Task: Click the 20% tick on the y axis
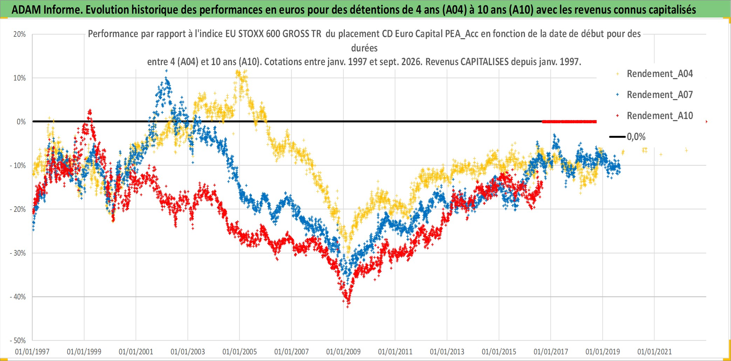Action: pyautogui.click(x=20, y=34)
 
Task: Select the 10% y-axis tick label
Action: pyautogui.click(x=20, y=78)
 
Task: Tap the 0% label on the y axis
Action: pyautogui.click(x=21, y=122)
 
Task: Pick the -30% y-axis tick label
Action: pyautogui.click(x=18, y=253)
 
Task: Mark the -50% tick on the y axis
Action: pyautogui.click(x=18, y=341)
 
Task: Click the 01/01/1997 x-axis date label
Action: pyautogui.click(x=32, y=352)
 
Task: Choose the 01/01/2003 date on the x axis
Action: pyautogui.click(x=188, y=352)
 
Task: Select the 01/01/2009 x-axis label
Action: pyautogui.click(x=343, y=352)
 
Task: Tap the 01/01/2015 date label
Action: pyautogui.click(x=499, y=352)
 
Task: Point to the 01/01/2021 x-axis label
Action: pyautogui.click(x=655, y=352)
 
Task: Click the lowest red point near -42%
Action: pyautogui.click(x=348, y=307)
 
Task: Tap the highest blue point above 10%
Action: pyautogui.click(x=166, y=71)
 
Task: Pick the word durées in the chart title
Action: pyautogui.click(x=364, y=48)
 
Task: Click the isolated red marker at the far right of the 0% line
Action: pyautogui.click(x=706, y=122)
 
